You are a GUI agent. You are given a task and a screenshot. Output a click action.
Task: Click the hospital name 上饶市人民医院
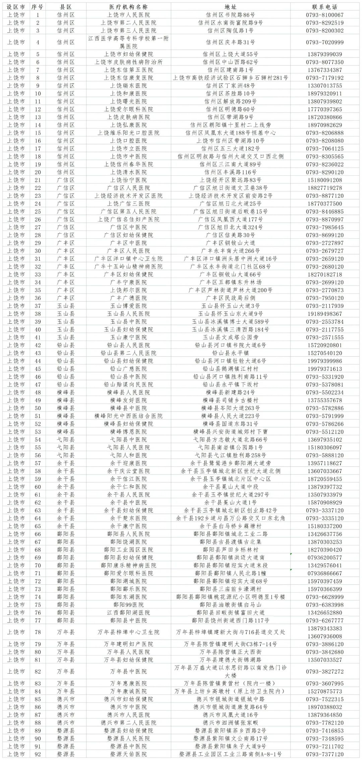(128, 15)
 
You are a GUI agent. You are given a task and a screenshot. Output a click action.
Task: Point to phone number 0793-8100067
(324, 15)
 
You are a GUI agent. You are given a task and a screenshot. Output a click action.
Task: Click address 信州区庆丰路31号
(230, 42)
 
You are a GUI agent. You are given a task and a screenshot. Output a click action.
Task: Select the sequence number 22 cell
(38, 188)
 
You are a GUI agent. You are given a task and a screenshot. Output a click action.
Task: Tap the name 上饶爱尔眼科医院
(128, 109)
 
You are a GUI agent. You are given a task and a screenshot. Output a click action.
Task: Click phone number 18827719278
(324, 188)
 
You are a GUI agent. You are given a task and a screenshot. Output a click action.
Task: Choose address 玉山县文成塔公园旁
(230, 337)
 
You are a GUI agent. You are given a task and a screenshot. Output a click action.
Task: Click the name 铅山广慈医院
(128, 369)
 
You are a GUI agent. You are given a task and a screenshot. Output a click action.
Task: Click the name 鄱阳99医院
(128, 605)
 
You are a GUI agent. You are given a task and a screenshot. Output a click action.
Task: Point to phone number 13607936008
(324, 636)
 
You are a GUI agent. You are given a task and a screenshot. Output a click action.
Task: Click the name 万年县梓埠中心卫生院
(128, 632)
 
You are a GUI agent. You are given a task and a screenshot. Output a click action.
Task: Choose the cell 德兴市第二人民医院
(128, 723)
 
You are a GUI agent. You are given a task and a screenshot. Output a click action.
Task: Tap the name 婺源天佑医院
(128, 754)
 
